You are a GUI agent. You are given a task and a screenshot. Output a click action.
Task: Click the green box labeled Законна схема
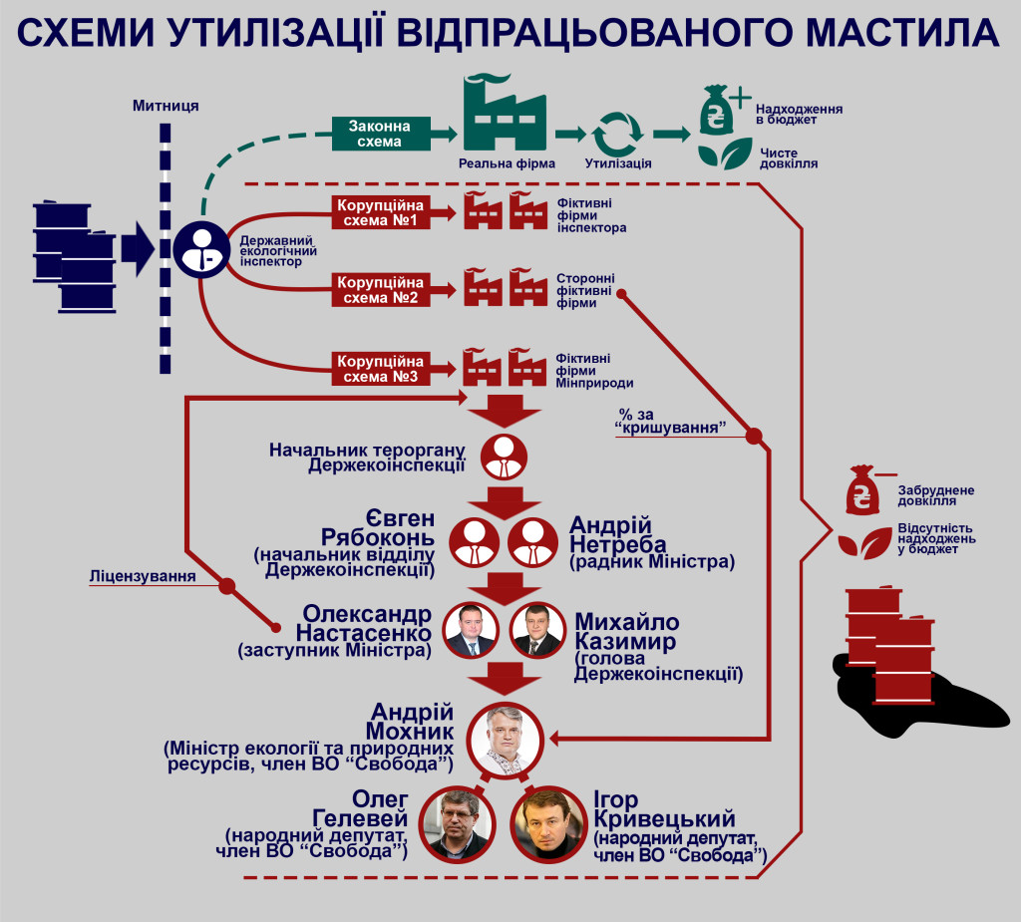coord(385,134)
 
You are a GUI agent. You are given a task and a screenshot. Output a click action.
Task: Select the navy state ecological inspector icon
coord(201,249)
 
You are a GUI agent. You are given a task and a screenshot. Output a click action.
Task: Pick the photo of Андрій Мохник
coord(504,739)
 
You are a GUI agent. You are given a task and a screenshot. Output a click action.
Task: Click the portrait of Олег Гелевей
coord(455,823)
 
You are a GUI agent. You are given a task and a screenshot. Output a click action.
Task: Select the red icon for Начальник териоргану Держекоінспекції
coord(505,456)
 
